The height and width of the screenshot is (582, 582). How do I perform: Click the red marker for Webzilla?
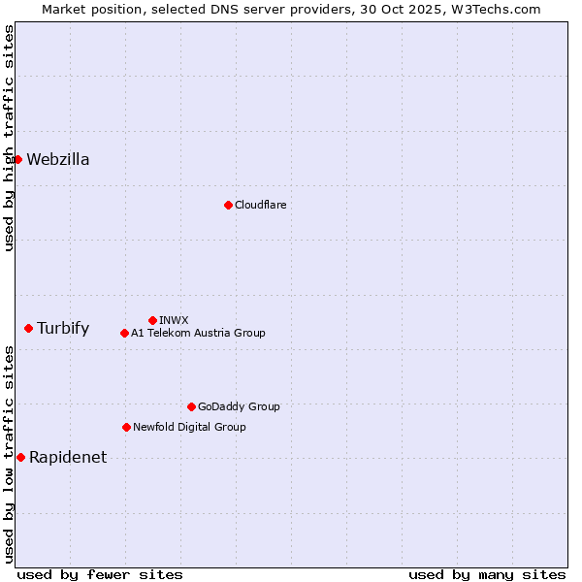coord(17,159)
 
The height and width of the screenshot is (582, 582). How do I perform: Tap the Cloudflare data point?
coord(228,205)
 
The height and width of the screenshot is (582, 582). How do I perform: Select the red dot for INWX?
coord(152,320)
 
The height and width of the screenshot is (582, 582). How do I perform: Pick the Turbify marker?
coord(29,329)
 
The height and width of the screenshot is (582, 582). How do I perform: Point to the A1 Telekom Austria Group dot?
coord(124,333)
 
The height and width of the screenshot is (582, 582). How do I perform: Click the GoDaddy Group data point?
coord(191,406)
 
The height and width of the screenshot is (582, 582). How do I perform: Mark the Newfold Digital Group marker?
coord(126,427)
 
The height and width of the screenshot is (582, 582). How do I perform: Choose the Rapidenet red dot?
coord(20,457)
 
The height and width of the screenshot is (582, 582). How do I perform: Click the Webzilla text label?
coord(58,160)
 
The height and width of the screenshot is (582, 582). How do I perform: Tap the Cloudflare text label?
coord(260,205)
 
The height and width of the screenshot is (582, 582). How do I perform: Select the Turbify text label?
coord(63,329)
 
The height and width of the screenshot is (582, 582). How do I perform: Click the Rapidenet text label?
coord(68,458)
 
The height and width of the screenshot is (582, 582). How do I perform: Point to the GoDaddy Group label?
coord(239,406)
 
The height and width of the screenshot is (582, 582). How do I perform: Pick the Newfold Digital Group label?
coord(189,427)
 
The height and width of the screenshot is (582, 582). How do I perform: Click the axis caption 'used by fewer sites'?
coord(100,574)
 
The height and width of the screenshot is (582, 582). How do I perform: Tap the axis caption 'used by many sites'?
coord(487,574)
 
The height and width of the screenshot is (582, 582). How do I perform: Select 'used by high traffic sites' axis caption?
coord(9,138)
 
